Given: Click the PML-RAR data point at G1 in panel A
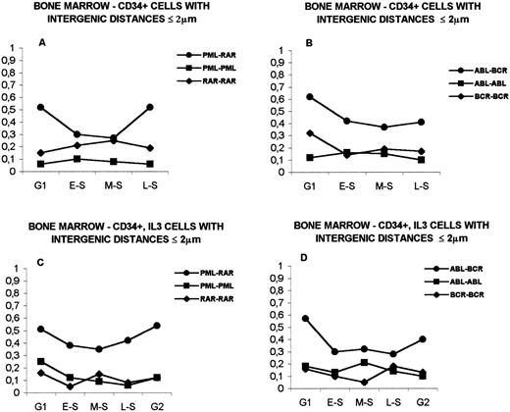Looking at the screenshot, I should [39, 107].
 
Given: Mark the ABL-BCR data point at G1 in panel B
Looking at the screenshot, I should [297, 96].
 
